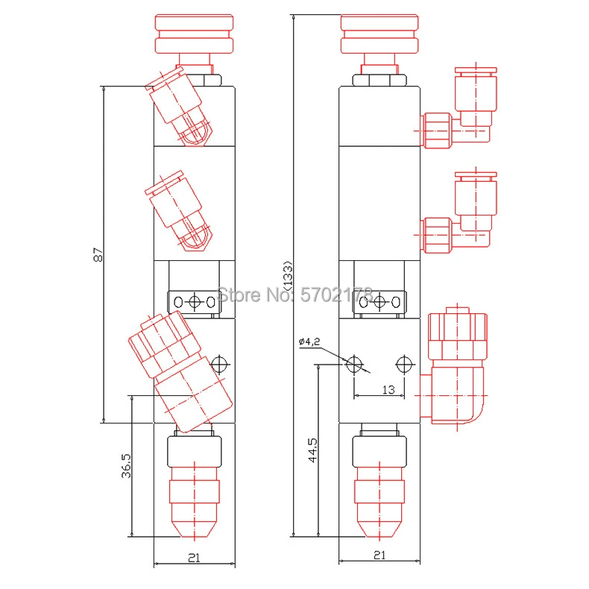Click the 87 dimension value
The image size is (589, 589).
click(98, 254)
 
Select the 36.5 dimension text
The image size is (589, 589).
click(126, 465)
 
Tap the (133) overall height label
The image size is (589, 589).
click(288, 275)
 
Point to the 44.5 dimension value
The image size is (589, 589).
click(312, 450)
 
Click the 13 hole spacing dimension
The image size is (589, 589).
click(388, 389)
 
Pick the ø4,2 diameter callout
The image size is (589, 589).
click(309, 341)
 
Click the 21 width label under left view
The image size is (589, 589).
click(194, 558)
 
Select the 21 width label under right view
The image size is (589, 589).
click(379, 555)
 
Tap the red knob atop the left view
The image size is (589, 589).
click(194, 34)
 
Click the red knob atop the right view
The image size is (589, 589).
click(379, 34)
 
